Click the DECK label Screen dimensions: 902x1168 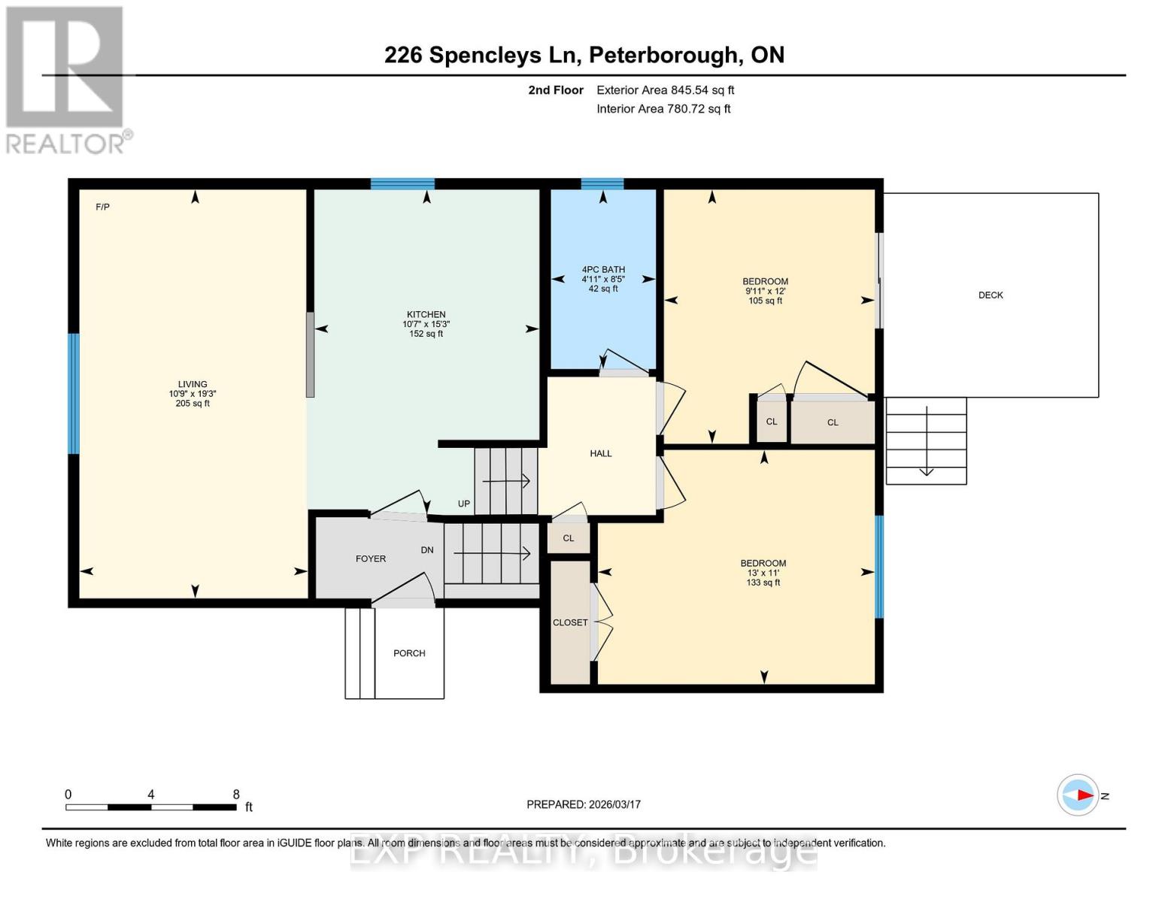click(991, 295)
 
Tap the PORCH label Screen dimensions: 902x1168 click(409, 653)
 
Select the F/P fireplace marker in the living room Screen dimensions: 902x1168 click(103, 207)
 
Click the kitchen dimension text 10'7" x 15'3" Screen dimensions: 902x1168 click(426, 325)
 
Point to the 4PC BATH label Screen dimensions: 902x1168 click(603, 270)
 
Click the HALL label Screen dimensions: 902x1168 click(600, 453)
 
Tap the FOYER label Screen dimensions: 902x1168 click(370, 558)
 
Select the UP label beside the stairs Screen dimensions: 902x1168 click(464, 504)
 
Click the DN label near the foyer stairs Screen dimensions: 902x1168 click(427, 550)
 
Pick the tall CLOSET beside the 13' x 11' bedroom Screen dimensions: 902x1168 click(570, 622)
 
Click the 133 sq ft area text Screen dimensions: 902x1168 click(763, 583)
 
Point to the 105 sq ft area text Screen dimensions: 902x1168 click(765, 301)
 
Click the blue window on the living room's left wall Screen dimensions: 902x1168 click(74, 393)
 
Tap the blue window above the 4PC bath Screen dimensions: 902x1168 click(602, 183)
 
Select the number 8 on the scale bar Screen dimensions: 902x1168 click(236, 795)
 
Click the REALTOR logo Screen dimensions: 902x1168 click(66, 79)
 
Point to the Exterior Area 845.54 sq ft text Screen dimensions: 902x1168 click(665, 90)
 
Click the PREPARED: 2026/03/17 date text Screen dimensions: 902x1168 click(584, 804)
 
